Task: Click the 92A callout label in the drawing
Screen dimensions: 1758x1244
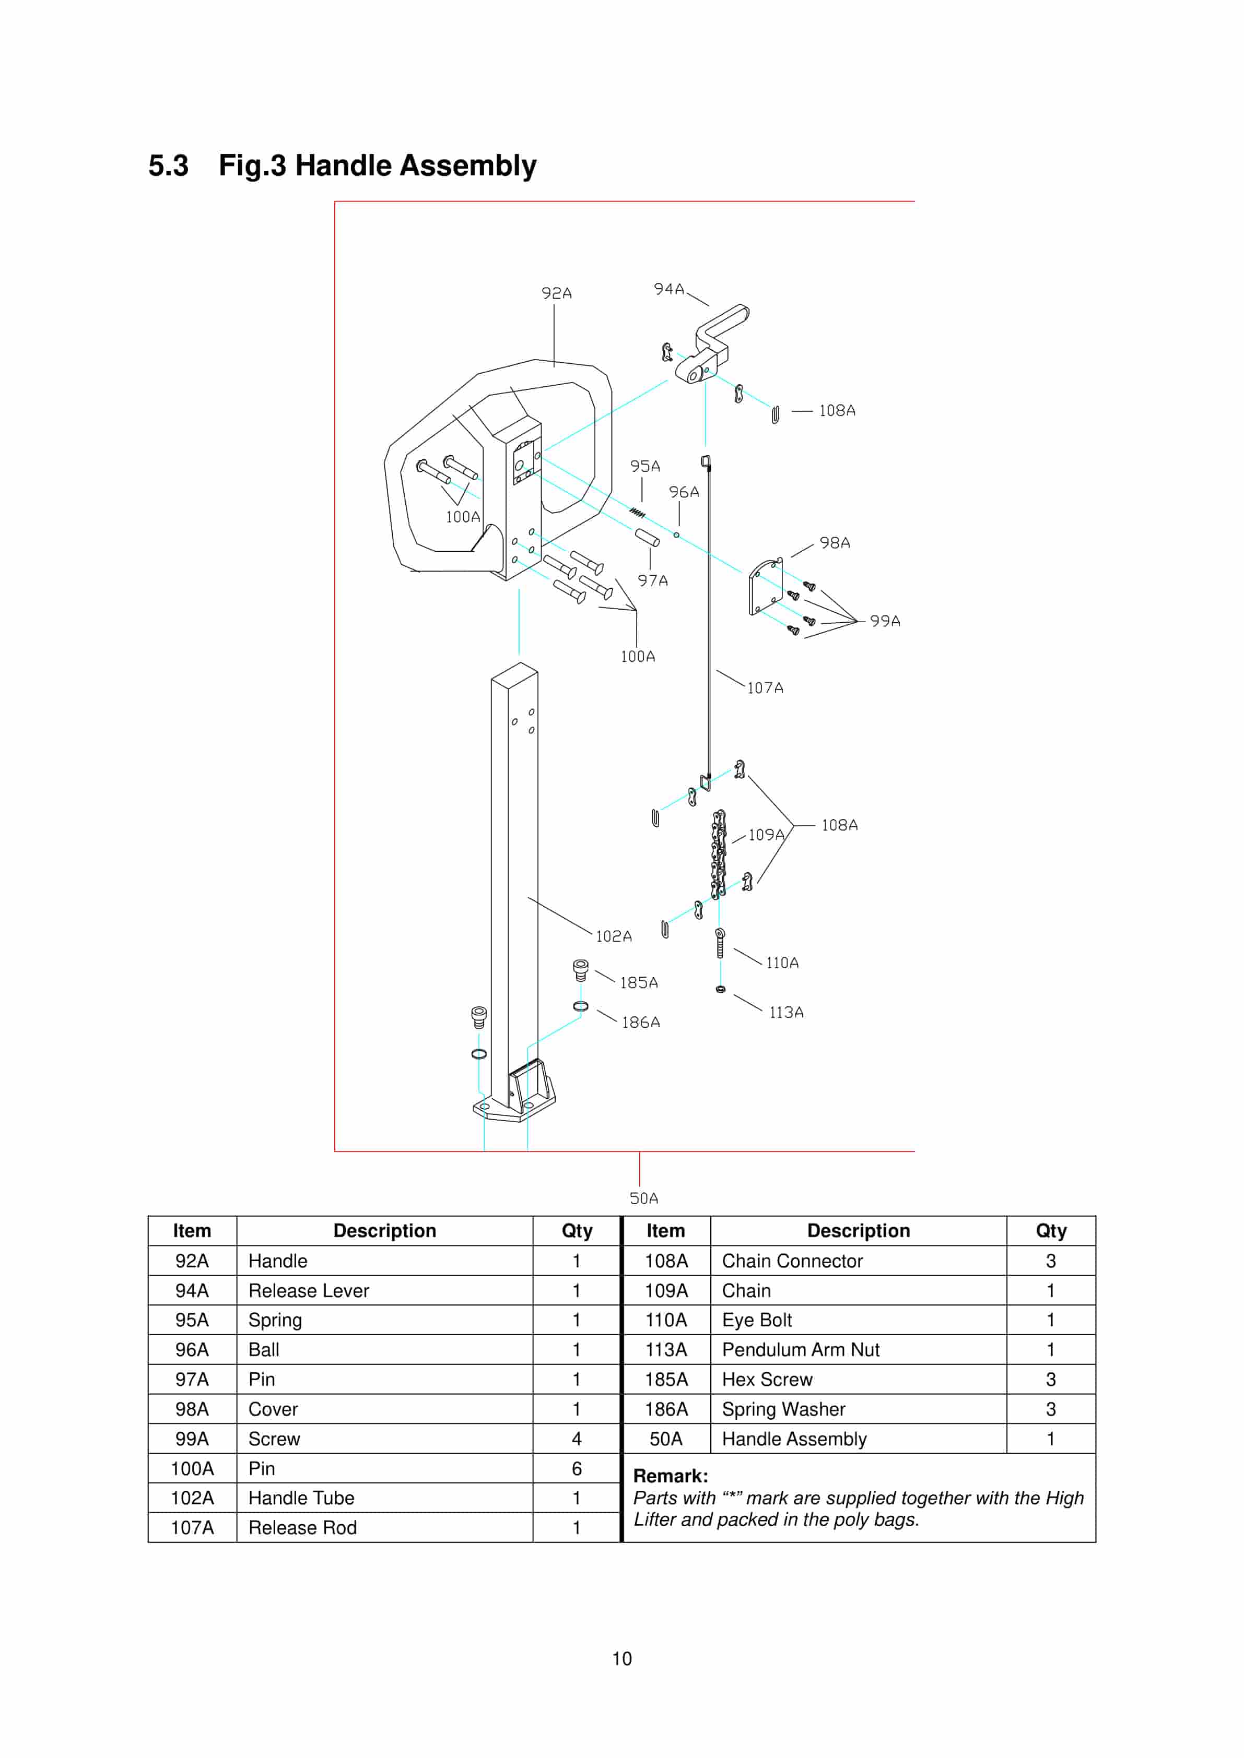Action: [556, 293]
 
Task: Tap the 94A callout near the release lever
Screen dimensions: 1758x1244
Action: [668, 289]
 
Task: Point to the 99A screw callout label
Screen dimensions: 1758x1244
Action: [885, 621]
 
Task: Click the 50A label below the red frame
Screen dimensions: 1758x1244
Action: [643, 1198]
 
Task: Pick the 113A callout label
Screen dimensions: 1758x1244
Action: [786, 1012]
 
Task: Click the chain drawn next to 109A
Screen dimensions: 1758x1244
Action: [719, 854]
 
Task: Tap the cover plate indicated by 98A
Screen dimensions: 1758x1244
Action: [765, 587]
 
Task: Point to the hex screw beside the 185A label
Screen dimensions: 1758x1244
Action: [581, 970]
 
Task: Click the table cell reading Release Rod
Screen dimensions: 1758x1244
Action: [302, 1527]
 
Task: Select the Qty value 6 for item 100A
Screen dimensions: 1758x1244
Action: [576, 1469]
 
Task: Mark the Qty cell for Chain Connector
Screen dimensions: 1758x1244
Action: [1050, 1261]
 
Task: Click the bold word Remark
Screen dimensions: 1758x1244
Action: [670, 1476]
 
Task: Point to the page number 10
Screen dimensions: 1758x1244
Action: [621, 1658]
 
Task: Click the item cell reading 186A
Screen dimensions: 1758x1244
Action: [666, 1409]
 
